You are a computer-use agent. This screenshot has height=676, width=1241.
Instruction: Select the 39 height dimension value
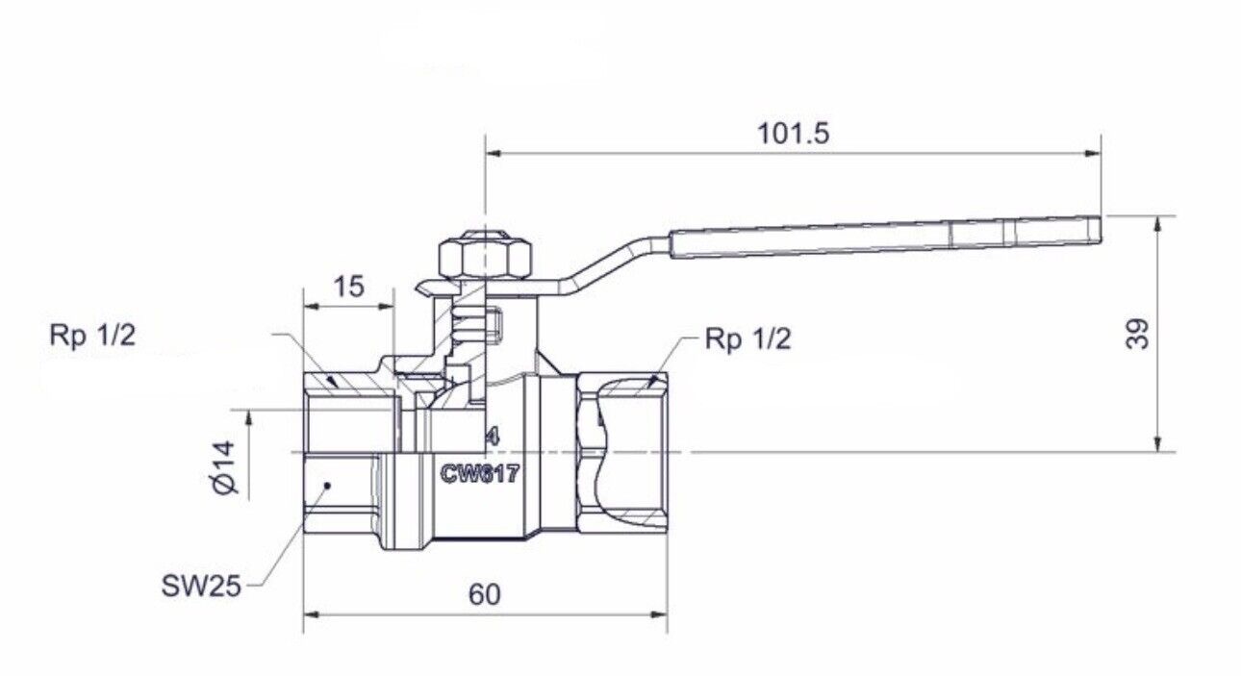(1138, 334)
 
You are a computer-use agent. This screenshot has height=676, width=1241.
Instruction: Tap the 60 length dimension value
(485, 595)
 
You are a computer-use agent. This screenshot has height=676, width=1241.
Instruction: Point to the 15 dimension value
(348, 288)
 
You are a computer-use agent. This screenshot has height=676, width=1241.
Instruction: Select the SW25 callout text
(200, 585)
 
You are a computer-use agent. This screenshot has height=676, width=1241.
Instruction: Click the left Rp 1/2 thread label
(93, 337)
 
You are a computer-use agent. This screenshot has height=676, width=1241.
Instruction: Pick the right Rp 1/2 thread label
(747, 339)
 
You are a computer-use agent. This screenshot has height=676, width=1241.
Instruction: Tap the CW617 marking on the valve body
(481, 473)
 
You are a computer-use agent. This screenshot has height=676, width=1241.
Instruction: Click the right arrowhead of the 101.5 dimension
(1091, 152)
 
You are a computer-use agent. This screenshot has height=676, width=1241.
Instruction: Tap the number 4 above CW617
(492, 436)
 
